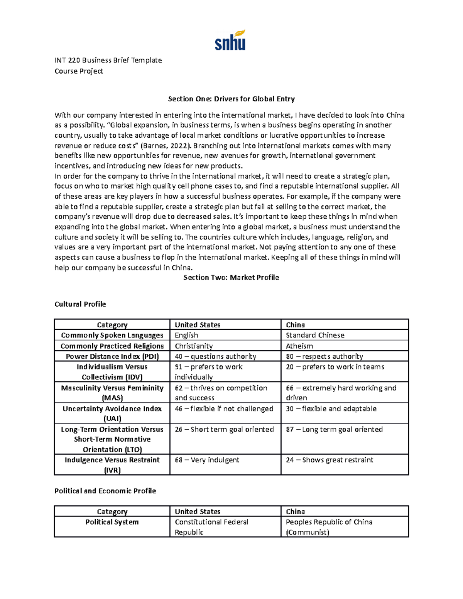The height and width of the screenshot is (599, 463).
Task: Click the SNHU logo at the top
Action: point(230,40)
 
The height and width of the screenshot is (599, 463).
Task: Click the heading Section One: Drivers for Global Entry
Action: point(231,99)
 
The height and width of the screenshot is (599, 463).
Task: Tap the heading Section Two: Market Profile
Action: point(231,277)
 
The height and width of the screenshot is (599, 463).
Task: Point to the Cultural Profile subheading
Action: point(80,304)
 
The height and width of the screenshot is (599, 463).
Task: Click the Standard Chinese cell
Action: point(315,335)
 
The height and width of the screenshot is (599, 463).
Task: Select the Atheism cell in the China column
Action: point(299,346)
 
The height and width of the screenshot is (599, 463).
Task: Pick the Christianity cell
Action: point(194,346)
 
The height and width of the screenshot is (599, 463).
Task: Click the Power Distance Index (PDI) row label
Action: point(112,356)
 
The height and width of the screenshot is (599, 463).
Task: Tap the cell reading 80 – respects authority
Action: point(324,356)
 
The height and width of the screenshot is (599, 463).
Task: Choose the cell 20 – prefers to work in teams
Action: point(335,367)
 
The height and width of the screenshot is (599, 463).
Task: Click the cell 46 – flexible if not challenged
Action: point(224,408)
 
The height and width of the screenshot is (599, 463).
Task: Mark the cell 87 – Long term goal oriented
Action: point(334,429)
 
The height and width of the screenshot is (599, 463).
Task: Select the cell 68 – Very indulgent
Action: point(207,460)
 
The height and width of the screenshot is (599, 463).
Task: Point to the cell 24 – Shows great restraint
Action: point(329,460)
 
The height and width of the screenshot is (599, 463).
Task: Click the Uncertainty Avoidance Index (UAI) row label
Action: point(112,413)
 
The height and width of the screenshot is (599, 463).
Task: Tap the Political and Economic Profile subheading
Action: point(105,491)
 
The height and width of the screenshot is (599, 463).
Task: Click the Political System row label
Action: point(112,522)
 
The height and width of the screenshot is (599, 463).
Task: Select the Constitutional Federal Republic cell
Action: point(211,526)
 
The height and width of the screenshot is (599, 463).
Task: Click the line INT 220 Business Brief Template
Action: point(108,60)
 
